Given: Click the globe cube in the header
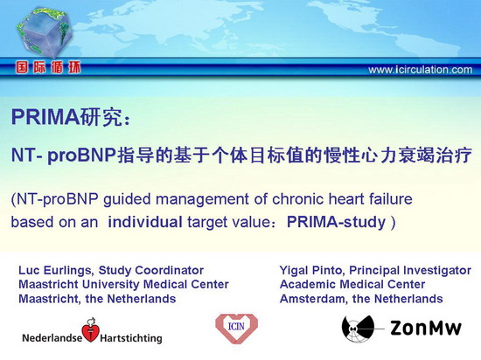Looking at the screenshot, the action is pyautogui.click(x=45, y=32).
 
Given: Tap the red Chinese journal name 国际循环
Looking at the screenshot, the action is pyautogui.click(x=48, y=67).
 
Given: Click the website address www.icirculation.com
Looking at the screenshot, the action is pyautogui.click(x=421, y=70).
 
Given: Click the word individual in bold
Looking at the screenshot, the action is pyautogui.click(x=145, y=222).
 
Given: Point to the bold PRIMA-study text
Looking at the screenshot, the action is pyautogui.click(x=336, y=222).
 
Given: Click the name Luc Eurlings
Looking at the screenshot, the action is pyautogui.click(x=55, y=270).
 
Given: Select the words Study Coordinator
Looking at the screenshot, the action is pyautogui.click(x=151, y=270).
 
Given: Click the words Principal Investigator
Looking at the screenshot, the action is pyautogui.click(x=410, y=271).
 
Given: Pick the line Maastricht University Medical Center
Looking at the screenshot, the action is pyautogui.click(x=123, y=284).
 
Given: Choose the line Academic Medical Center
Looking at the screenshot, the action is pyautogui.click(x=352, y=284).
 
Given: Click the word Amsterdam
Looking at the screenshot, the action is pyautogui.click(x=313, y=299).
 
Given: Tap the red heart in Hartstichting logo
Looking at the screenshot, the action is pyautogui.click(x=90, y=331).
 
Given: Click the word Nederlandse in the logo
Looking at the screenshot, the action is pyautogui.click(x=52, y=338).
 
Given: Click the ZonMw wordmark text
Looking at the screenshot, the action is pyautogui.click(x=426, y=328).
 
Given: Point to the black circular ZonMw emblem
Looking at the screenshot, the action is pyautogui.click(x=359, y=329).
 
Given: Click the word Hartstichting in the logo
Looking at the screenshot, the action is pyautogui.click(x=131, y=338).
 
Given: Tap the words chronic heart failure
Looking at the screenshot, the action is pyautogui.click(x=342, y=199).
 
